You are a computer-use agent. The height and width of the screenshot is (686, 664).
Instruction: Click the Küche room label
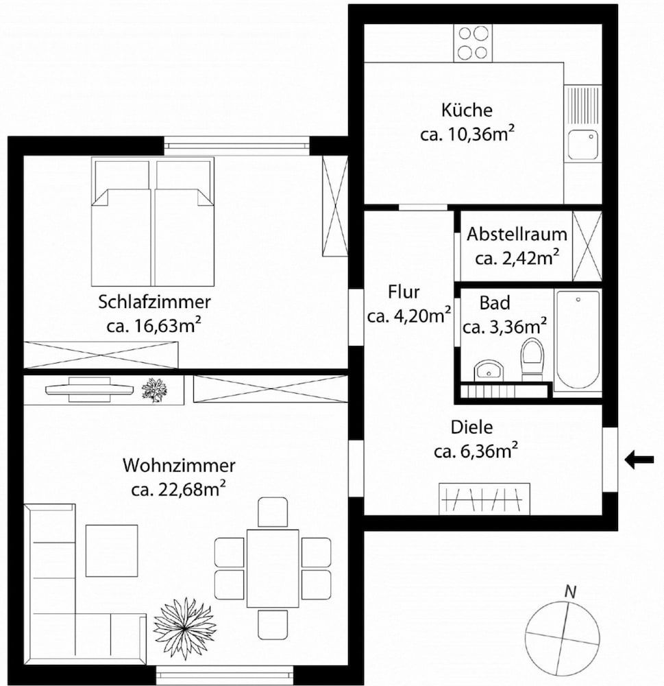(467, 110)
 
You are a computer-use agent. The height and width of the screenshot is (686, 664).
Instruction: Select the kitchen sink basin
(582, 145)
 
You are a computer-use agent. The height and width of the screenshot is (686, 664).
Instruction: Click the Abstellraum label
(517, 234)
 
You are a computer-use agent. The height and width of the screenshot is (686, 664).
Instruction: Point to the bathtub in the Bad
(578, 340)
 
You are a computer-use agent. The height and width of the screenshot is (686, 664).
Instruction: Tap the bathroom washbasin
(489, 370)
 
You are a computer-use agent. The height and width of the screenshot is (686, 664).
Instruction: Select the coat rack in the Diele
(484, 499)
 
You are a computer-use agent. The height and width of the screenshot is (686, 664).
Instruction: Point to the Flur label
(404, 292)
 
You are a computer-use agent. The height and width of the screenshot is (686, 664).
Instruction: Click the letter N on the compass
(569, 591)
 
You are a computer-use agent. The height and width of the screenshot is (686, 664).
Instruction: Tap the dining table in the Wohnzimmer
(273, 568)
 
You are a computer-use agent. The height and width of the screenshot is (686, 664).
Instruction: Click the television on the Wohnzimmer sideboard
(89, 388)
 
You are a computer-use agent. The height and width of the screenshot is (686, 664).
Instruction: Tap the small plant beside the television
(153, 390)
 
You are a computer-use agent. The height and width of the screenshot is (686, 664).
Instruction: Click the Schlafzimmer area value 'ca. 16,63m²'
(153, 324)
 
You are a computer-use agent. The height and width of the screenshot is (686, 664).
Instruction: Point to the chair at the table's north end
(273, 512)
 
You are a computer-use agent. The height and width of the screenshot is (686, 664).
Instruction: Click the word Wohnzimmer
(179, 466)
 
